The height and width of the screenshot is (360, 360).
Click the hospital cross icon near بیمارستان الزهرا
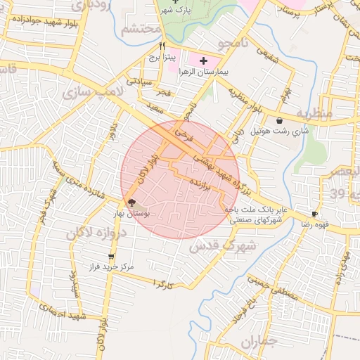pos(204,62)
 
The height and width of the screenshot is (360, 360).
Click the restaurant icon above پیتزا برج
pos(162,46)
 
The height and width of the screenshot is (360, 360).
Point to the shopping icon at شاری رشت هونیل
pos(280,120)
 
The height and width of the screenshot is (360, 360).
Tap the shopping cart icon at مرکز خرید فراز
pos(110,257)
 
